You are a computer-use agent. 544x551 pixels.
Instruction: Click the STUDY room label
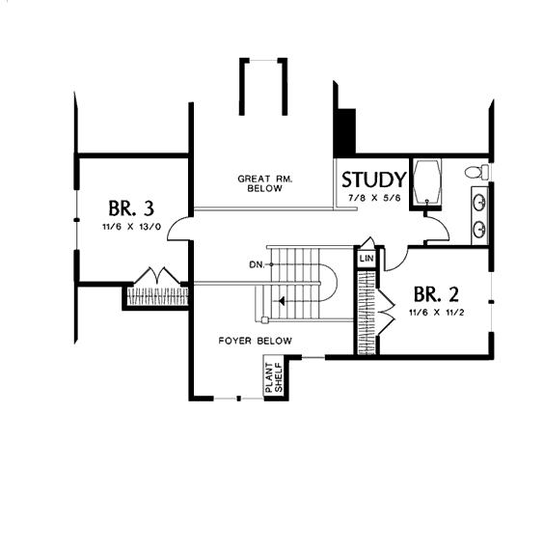pos(374,179)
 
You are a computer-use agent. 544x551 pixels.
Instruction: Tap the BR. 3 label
pos(131,208)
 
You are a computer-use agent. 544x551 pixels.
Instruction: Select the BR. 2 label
pos(436,294)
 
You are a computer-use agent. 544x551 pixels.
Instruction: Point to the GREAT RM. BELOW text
pos(265,183)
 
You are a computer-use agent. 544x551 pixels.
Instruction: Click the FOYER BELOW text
pos(255,341)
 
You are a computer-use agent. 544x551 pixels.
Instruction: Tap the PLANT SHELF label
pos(274,377)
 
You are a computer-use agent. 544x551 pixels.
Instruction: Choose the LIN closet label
pos(367,259)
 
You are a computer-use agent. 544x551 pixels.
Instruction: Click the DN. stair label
pos(257,264)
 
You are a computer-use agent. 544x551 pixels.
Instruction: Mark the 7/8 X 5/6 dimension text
pos(374,198)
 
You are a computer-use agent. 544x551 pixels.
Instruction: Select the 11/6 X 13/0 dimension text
pos(131,227)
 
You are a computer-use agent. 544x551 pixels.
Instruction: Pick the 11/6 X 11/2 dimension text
pos(436,312)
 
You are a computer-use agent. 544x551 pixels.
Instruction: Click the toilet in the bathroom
pos(476,172)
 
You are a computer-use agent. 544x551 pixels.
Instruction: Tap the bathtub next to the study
pos(426,181)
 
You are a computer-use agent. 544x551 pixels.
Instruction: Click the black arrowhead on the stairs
pos(282,301)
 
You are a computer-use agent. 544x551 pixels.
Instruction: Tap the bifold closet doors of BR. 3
pos(157,275)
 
